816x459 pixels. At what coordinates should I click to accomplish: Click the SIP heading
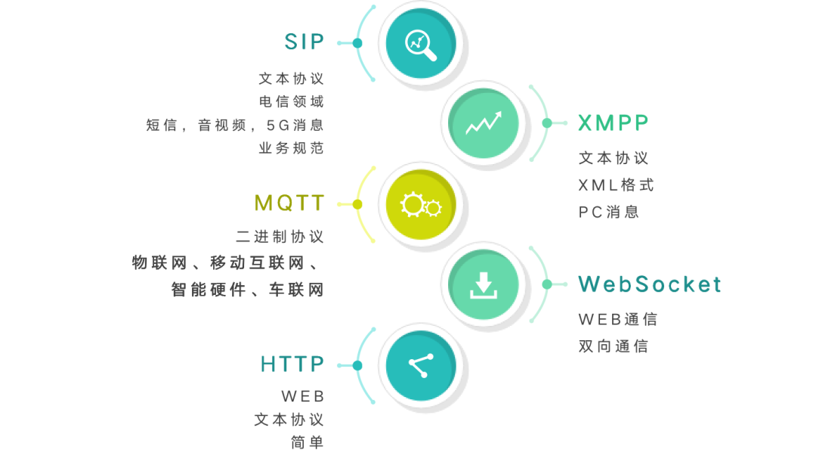pyautogui.click(x=304, y=42)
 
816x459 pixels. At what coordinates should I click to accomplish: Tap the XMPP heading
pyautogui.click(x=614, y=123)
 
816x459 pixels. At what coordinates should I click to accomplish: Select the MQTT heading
pyautogui.click(x=289, y=203)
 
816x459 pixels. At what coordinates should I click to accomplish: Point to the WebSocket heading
pyautogui.click(x=650, y=284)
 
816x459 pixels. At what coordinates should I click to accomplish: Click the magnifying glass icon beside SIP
pyautogui.click(x=421, y=44)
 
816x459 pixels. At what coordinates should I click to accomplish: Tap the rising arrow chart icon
pyautogui.click(x=484, y=123)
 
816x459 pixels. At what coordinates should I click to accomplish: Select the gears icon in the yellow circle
pyautogui.click(x=421, y=204)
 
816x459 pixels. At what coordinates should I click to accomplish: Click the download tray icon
pyautogui.click(x=484, y=284)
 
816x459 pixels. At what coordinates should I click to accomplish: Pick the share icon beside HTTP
pyautogui.click(x=420, y=365)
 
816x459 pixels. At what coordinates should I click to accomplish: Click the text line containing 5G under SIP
pyautogui.click(x=235, y=126)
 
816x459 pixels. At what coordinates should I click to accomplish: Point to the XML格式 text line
pyautogui.click(x=616, y=185)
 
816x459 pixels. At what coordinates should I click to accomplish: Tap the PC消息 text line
pyautogui.click(x=609, y=212)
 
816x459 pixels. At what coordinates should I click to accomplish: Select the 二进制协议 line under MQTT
pyautogui.click(x=280, y=237)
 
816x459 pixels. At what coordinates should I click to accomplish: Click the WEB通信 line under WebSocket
pyautogui.click(x=618, y=319)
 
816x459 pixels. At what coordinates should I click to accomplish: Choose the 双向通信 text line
pyautogui.click(x=614, y=346)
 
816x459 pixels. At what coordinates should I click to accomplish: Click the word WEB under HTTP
pyautogui.click(x=303, y=396)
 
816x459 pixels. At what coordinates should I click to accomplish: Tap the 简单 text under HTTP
pyautogui.click(x=308, y=443)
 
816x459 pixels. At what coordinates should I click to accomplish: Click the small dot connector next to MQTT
pyautogui.click(x=357, y=204)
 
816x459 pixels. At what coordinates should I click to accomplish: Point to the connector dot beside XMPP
pyautogui.click(x=547, y=123)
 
